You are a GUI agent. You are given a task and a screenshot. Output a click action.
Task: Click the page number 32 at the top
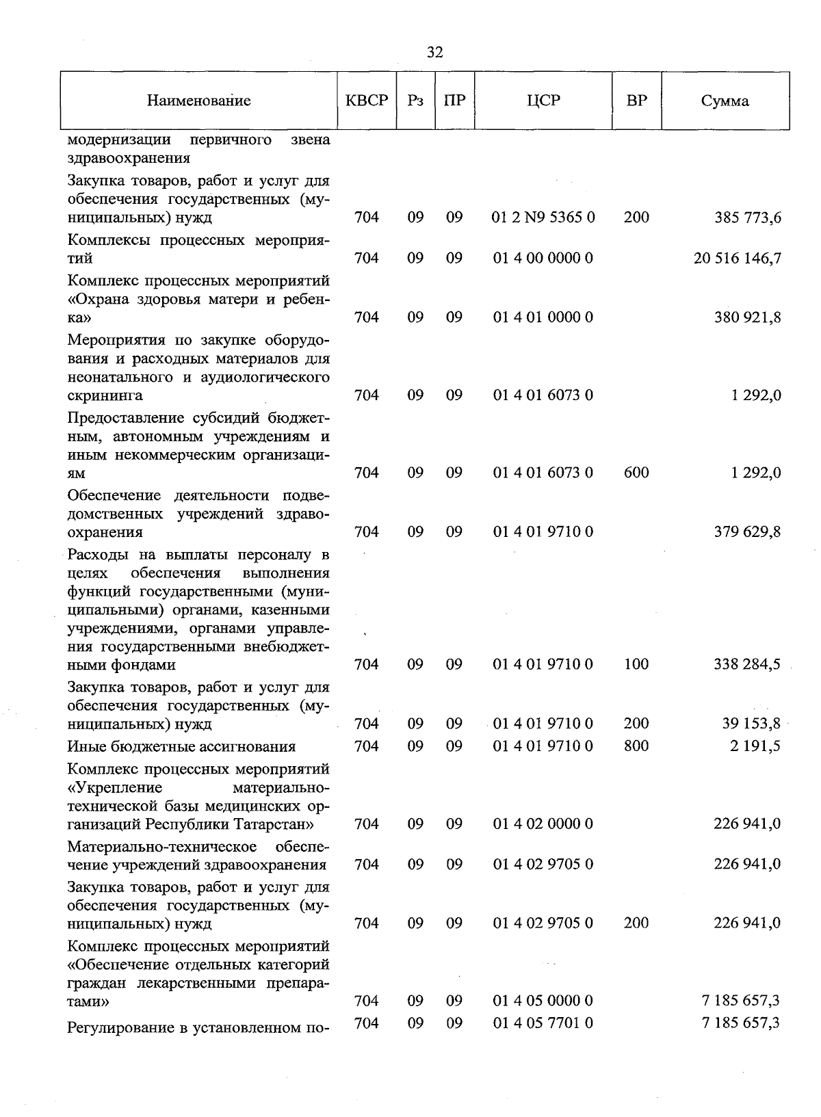tap(434, 53)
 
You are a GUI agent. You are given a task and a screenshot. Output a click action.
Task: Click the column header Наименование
tap(198, 101)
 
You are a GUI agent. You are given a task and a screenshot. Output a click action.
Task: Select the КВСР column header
tap(367, 101)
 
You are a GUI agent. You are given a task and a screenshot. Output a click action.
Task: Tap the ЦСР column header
tap(543, 101)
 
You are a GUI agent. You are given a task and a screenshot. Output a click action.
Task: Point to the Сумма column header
tap(725, 101)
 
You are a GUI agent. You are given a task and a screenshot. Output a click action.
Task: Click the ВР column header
tap(636, 101)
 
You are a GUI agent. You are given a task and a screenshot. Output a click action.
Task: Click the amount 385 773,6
tap(748, 218)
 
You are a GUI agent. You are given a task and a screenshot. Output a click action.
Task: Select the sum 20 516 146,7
tap(737, 259)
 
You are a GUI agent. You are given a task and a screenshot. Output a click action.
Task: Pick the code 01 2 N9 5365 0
tap(543, 218)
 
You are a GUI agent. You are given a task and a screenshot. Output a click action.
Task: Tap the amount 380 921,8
tap(748, 317)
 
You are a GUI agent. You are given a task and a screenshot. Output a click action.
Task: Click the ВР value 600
tap(636, 473)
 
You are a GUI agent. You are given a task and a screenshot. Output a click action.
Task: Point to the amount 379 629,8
tap(748, 532)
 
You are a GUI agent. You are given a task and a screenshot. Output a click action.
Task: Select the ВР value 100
tap(636, 664)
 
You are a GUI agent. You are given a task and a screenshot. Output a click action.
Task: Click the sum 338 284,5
tap(748, 664)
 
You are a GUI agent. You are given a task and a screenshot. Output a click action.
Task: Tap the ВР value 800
tap(636, 746)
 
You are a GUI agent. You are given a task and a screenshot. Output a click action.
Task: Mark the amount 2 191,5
tap(755, 746)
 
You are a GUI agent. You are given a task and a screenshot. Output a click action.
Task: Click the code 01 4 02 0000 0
tap(543, 824)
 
